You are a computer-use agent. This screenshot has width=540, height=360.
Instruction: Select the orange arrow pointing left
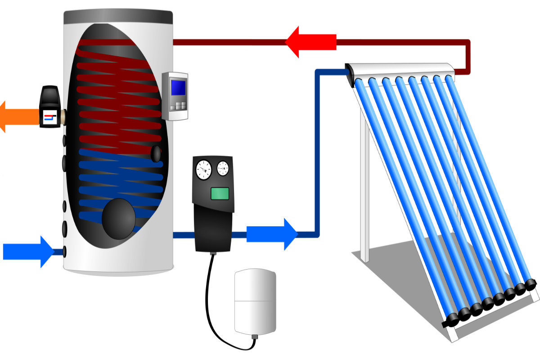click(x=18, y=117)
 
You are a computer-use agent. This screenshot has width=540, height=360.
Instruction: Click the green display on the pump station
click(x=220, y=193)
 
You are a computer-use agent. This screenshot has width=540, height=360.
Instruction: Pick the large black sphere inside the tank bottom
click(x=119, y=219)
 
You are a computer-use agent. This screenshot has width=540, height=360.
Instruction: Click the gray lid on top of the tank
click(x=118, y=17)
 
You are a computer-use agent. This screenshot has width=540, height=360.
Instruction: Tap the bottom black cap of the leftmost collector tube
click(x=451, y=321)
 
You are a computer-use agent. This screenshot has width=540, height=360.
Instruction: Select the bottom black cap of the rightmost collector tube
click(x=531, y=283)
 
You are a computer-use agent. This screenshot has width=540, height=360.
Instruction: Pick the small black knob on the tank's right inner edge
click(x=156, y=153)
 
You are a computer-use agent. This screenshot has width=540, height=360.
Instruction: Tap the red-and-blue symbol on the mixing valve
click(x=49, y=118)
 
